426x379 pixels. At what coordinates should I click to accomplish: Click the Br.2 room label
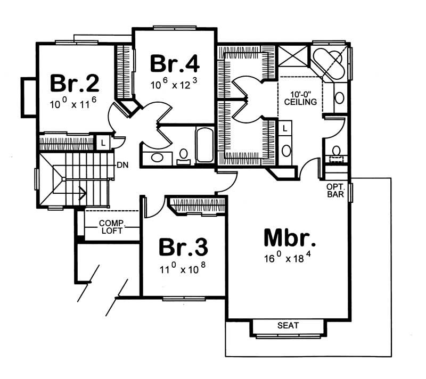point(75,84)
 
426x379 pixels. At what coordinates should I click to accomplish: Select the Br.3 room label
point(183,248)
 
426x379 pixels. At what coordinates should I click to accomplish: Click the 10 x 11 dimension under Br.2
point(75,104)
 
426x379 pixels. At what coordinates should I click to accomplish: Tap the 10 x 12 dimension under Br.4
point(175,83)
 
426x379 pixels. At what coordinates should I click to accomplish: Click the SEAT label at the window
point(288,325)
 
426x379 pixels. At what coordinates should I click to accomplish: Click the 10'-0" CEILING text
point(300,97)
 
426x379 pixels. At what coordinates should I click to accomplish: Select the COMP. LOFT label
point(111,227)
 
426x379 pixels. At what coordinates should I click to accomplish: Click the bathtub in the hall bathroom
point(205,145)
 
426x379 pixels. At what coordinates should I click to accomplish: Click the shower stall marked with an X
point(293,56)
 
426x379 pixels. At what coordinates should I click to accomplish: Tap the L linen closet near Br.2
point(102,142)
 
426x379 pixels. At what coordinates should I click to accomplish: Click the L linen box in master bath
point(285,128)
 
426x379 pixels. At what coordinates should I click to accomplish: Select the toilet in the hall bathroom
point(184,155)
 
